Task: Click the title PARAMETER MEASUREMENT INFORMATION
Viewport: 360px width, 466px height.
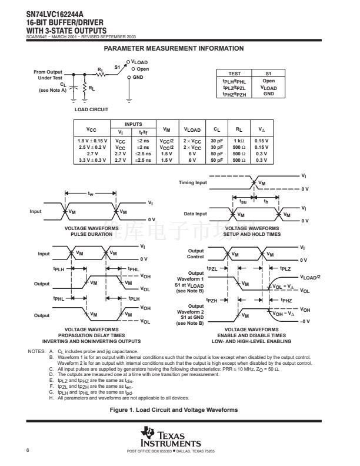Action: [173, 48]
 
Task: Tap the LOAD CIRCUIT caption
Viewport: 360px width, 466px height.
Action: [91, 109]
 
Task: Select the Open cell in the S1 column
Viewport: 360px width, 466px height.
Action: [269, 81]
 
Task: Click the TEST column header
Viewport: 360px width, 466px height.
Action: [235, 73]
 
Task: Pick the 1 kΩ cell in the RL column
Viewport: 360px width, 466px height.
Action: [239, 141]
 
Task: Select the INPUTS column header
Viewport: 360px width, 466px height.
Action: [134, 124]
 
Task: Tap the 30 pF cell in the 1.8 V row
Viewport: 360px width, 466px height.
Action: [216, 141]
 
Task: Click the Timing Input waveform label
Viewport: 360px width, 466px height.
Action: [193, 183]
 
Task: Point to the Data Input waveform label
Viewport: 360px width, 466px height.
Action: [195, 214]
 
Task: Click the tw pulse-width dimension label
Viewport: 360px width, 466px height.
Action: [90, 193]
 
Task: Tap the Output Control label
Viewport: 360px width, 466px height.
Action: [195, 254]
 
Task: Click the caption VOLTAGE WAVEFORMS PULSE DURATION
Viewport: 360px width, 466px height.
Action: [91, 231]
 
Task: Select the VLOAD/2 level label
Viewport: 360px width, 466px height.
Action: [310, 277]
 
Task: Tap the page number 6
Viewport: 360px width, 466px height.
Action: [28, 450]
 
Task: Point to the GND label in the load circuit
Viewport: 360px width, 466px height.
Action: [138, 77]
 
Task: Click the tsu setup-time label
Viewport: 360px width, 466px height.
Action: [243, 201]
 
